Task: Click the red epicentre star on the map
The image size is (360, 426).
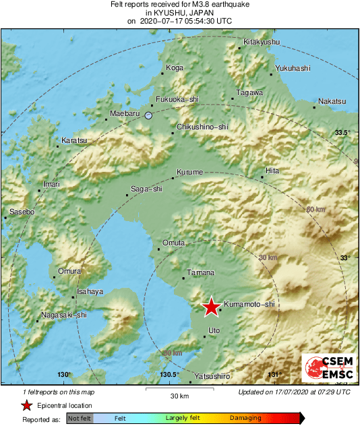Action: tap(211, 307)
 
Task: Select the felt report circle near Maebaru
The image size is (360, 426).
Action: tap(149, 116)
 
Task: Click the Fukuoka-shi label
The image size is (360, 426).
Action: tap(177, 99)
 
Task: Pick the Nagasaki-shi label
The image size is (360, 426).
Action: tap(64, 315)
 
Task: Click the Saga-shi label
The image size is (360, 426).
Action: tap(146, 189)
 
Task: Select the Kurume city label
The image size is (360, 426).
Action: tap(189, 173)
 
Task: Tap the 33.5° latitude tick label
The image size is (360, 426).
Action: tap(343, 133)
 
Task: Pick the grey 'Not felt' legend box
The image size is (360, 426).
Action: tap(79, 419)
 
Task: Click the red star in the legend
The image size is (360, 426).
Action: tap(26, 405)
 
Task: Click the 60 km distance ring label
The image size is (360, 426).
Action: tap(316, 210)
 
